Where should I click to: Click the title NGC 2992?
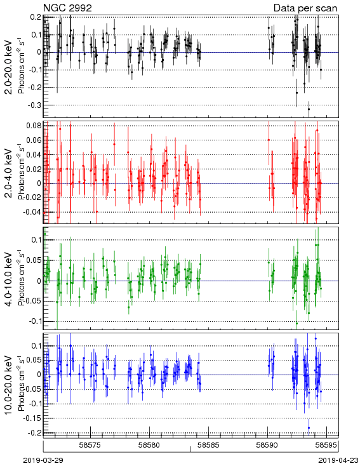67,8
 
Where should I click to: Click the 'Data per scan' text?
305,8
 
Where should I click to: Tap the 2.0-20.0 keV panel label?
10,67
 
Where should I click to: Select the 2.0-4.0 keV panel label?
10,173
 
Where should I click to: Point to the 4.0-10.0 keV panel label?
10,279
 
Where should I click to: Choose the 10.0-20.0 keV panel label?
10,385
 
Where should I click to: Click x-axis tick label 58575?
90,445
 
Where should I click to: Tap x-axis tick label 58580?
150,445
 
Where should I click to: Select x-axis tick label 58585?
208,445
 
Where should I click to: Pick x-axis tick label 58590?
267,445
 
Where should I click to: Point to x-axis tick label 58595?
326,445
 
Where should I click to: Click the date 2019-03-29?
43,460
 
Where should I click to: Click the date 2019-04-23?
338,460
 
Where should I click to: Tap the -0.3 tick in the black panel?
35,105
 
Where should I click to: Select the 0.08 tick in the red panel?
34,126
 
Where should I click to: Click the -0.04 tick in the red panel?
32,212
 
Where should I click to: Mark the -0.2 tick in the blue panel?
35,433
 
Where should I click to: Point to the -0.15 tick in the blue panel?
32,418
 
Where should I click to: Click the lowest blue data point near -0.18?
309,428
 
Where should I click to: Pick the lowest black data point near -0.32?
309,109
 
